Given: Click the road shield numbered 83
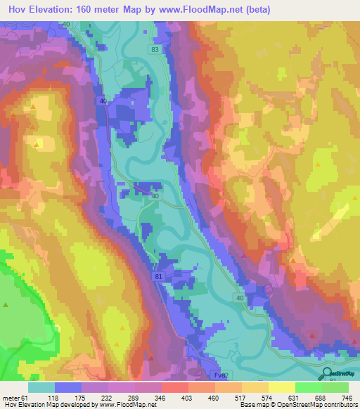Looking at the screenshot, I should pos(154,51).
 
